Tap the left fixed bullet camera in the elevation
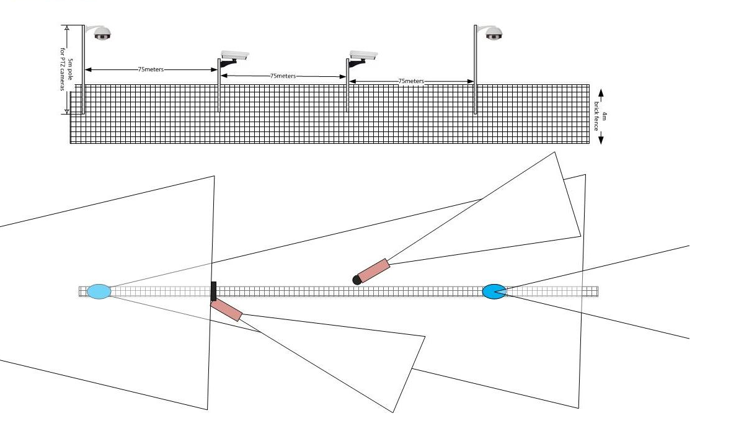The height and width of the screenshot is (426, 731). [x=234, y=55]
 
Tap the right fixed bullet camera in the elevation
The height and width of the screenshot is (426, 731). [x=363, y=55]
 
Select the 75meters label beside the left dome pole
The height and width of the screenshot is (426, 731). [x=151, y=69]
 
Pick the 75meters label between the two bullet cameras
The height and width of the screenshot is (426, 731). [x=283, y=76]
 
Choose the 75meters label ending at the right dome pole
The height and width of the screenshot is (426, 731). [x=411, y=81]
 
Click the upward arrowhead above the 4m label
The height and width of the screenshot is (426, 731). [x=601, y=93]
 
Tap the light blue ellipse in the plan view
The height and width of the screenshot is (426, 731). [x=99, y=292]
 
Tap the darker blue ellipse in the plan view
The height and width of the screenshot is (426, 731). [x=494, y=292]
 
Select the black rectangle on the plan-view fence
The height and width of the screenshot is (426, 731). [x=213, y=291]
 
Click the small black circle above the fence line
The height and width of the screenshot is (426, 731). [x=357, y=280]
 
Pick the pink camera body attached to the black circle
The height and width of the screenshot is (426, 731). [x=373, y=271]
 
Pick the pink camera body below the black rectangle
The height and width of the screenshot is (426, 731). [x=226, y=310]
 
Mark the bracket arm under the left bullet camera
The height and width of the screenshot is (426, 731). [x=228, y=63]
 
